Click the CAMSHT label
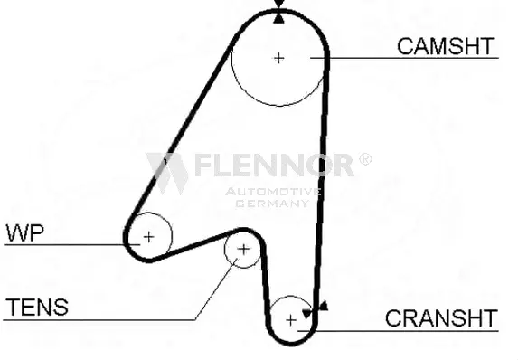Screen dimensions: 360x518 (x=447, y=46)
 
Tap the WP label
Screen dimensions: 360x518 (x=25, y=232)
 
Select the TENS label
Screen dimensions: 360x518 (x=36, y=308)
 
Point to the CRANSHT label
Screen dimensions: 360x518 (x=440, y=318)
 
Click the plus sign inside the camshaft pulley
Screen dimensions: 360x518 (x=278, y=57)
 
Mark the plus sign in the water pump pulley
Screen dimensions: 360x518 (x=148, y=238)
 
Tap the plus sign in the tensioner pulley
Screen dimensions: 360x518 (x=242, y=250)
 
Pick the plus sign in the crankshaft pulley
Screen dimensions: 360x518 (x=290, y=319)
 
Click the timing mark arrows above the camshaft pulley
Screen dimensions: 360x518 (x=278, y=12)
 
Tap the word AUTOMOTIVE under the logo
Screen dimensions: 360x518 (x=272, y=192)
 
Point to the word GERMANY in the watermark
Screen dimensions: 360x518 (x=272, y=204)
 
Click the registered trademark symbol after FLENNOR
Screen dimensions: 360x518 (x=364, y=159)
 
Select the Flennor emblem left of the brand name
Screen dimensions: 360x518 (x=166, y=171)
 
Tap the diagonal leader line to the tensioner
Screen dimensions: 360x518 (x=216, y=287)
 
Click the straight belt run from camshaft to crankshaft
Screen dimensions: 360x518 (x=322, y=181)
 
